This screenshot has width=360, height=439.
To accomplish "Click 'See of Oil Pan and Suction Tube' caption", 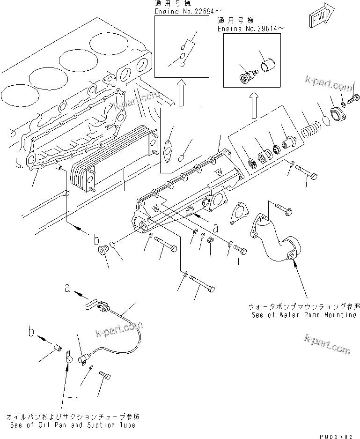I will pyautogui.click(x=73, y=425).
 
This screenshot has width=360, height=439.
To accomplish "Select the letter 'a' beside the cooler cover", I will pyautogui.click(x=215, y=229).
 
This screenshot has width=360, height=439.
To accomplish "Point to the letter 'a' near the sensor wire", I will pyautogui.click(x=68, y=290).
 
